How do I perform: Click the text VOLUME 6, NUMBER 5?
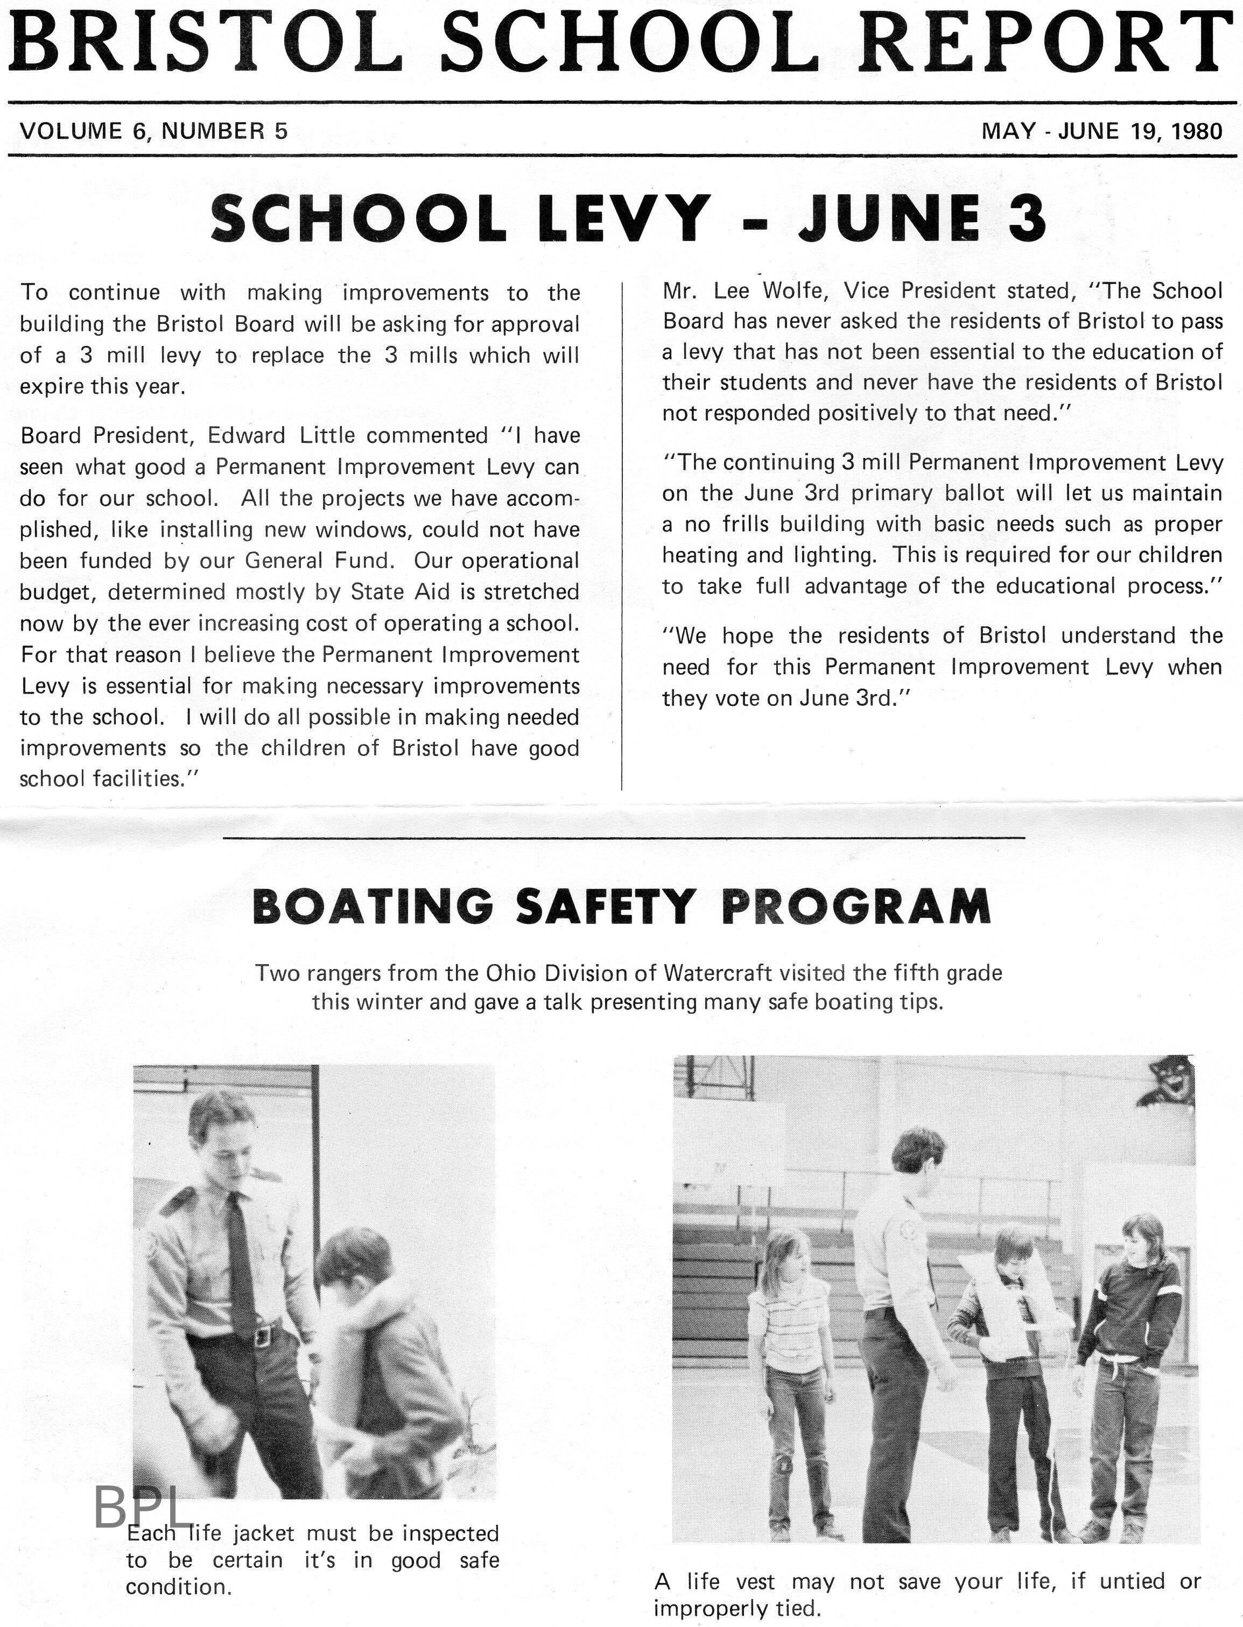click(x=154, y=132)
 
